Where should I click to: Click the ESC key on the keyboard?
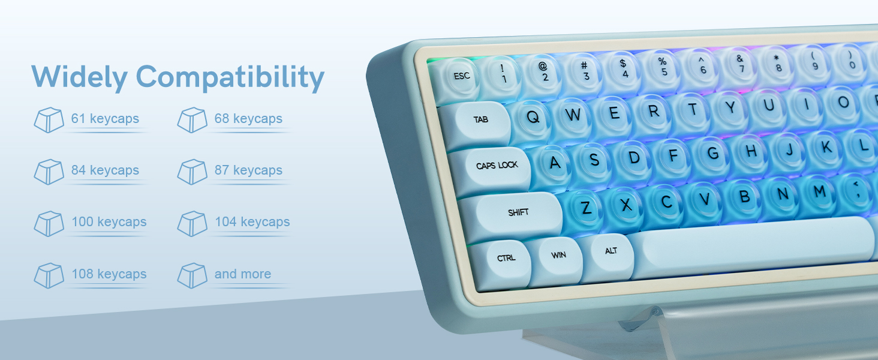461,77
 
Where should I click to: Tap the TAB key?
480,120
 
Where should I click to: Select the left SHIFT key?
518,213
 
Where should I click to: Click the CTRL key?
506,259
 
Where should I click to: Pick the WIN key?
558,256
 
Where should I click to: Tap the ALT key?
611,251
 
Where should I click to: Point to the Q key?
533,117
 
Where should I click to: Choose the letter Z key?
586,208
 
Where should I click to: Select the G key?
713,153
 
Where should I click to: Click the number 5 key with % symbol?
663,67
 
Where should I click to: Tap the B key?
744,197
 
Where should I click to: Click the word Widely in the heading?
79,77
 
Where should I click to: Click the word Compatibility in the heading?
230,77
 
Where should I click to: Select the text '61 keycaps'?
105,119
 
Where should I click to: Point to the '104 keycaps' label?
252,222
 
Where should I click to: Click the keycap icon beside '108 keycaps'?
49,275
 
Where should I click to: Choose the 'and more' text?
243,274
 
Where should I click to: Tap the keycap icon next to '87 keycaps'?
192,172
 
